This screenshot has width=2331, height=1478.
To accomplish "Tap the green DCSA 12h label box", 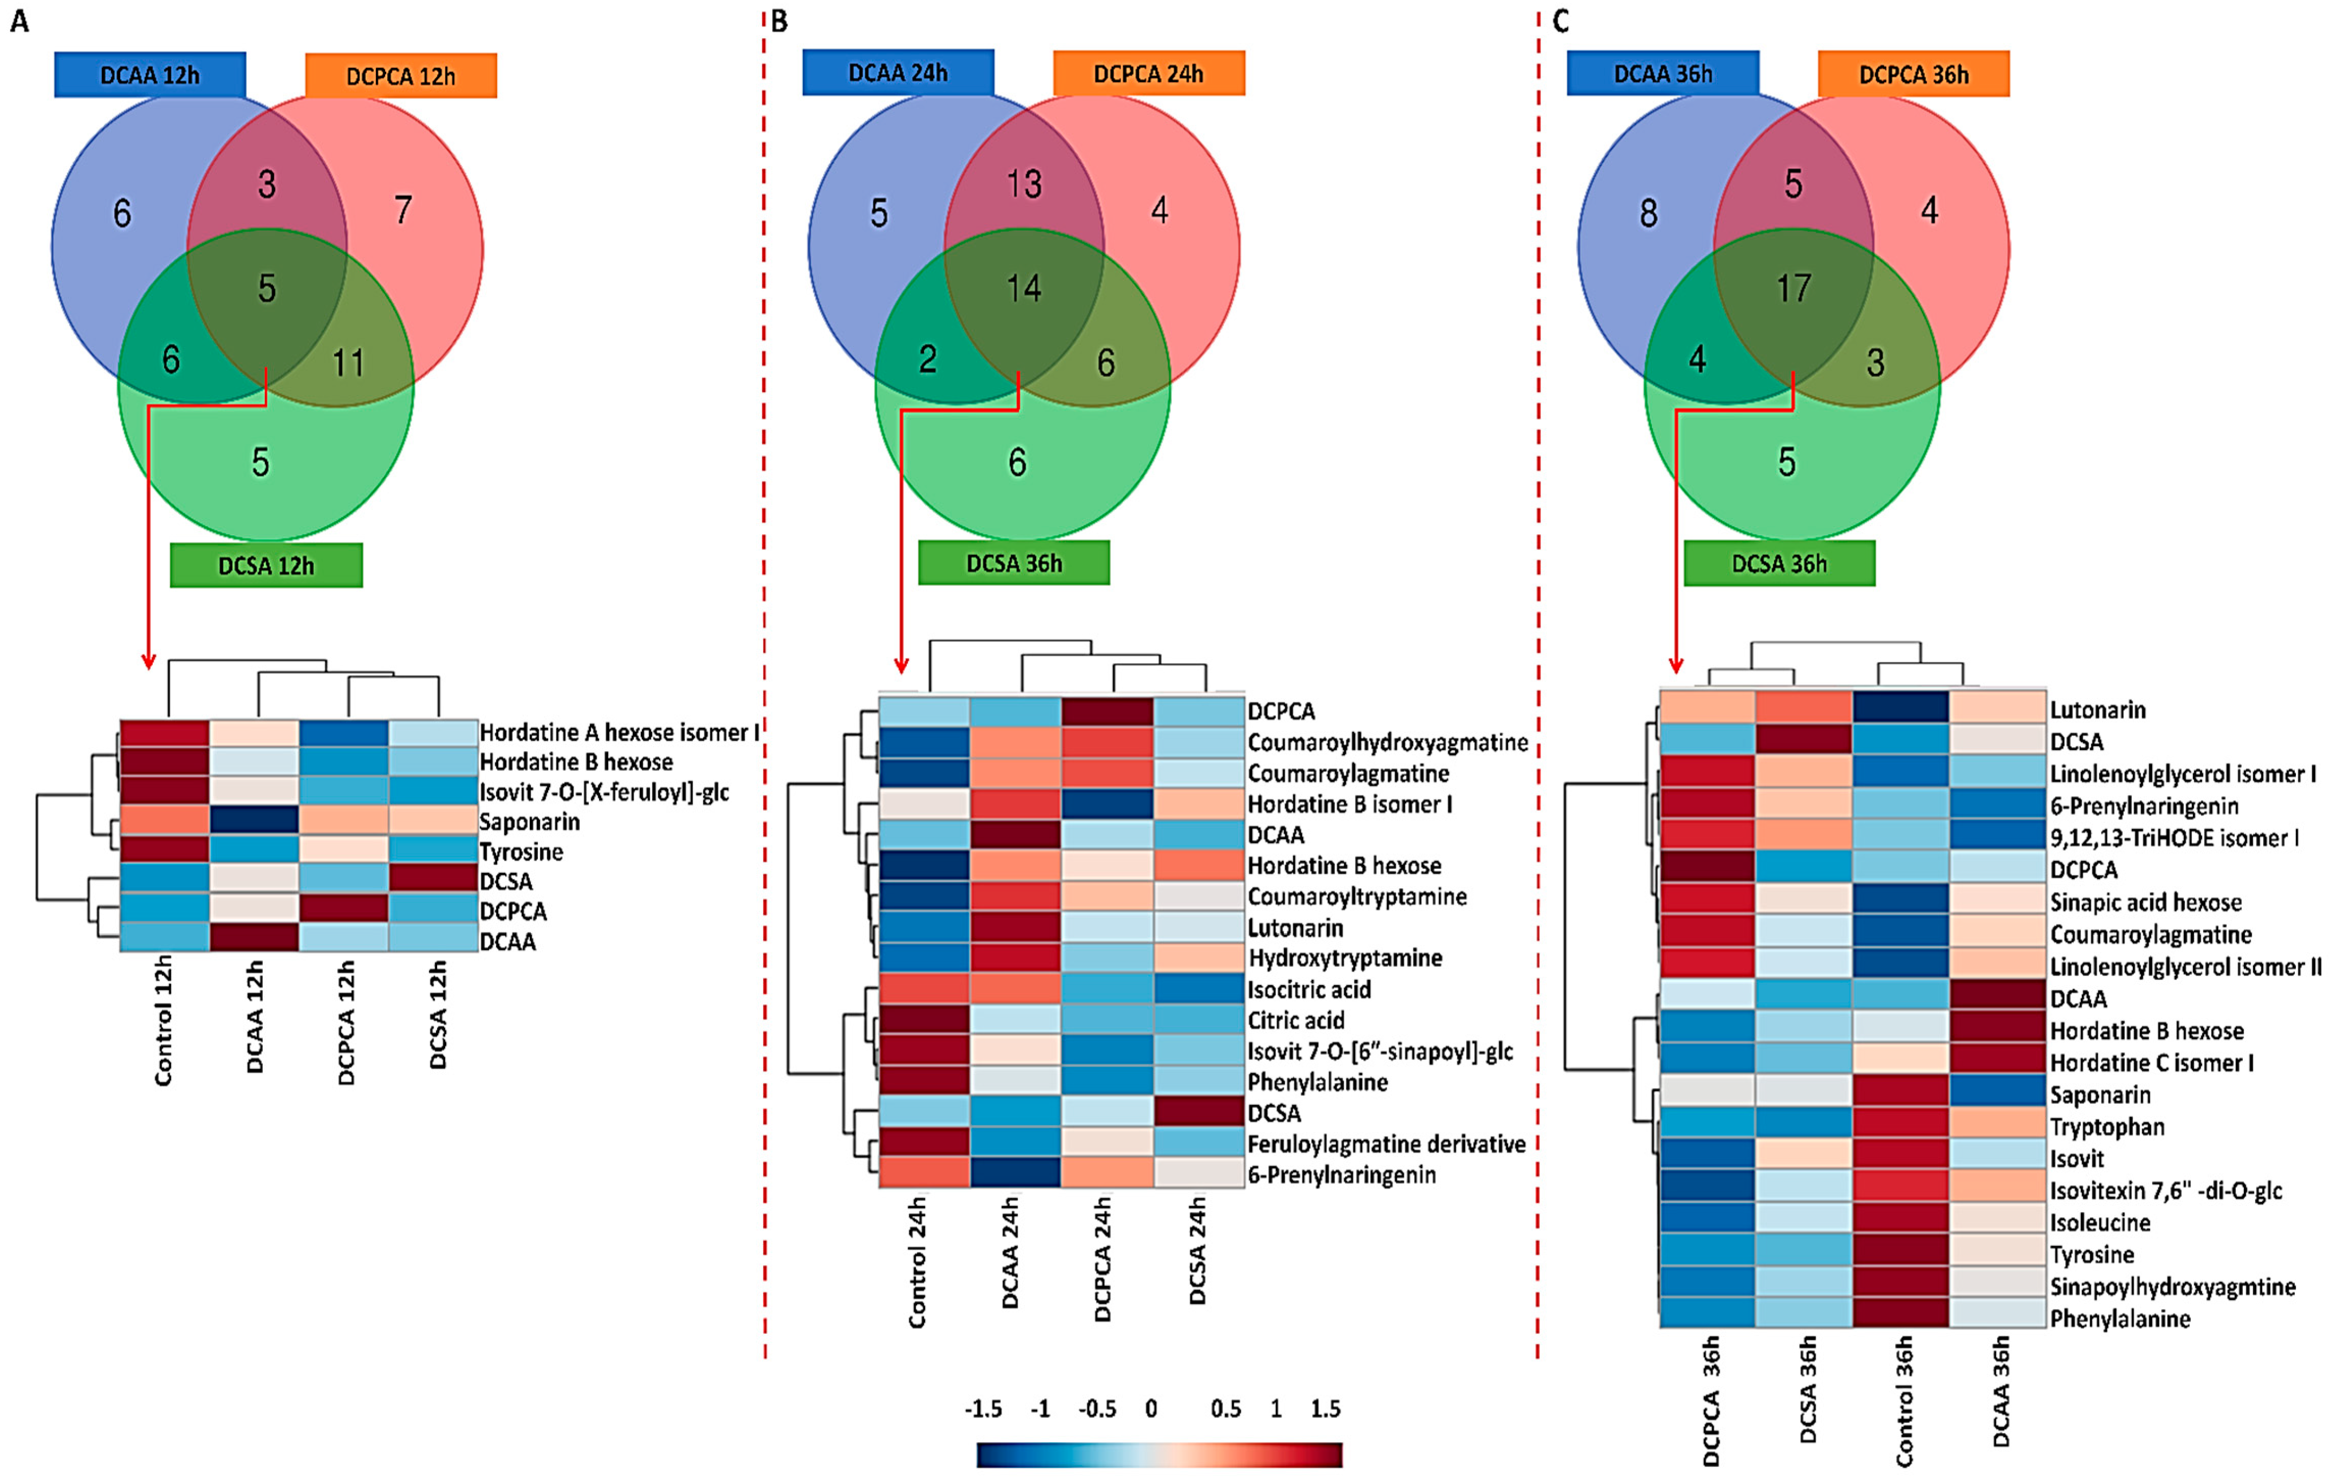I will tap(266, 565).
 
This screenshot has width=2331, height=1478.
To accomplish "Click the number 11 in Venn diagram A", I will tap(348, 363).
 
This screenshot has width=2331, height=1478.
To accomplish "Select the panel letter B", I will tap(779, 21).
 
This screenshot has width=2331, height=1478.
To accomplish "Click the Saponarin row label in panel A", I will tap(529, 822).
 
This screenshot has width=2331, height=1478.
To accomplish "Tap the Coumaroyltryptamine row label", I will tap(1356, 896).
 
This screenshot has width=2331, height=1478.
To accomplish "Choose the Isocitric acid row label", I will tap(1309, 989).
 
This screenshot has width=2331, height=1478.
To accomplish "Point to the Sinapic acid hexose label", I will tap(2145, 902).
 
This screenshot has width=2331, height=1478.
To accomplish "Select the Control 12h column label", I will tap(162, 1021).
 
